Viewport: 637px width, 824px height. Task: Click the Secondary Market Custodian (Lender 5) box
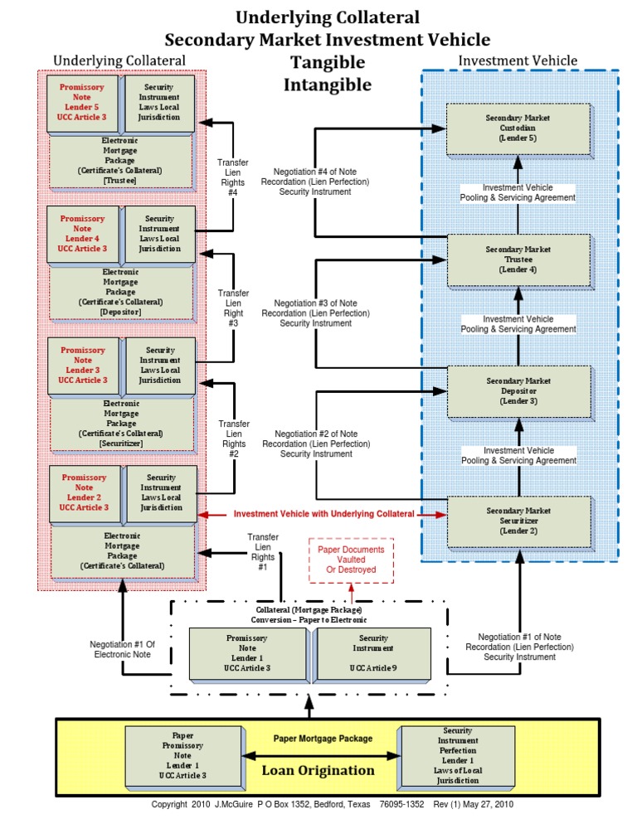[x=518, y=128]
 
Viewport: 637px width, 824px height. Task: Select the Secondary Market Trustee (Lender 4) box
[x=518, y=259]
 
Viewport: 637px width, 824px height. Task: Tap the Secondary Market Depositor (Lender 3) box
[x=518, y=390]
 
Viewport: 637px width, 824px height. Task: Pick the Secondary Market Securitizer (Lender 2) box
[x=518, y=521]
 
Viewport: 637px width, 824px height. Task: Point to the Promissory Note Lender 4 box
[x=82, y=234]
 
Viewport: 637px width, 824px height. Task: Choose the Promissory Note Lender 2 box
[x=84, y=492]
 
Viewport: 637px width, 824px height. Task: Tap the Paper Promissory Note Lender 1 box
[x=182, y=756]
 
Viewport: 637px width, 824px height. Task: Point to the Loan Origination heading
[x=318, y=770]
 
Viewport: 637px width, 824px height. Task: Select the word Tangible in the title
[x=328, y=62]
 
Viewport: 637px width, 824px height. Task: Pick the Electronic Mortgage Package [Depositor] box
[x=120, y=292]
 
